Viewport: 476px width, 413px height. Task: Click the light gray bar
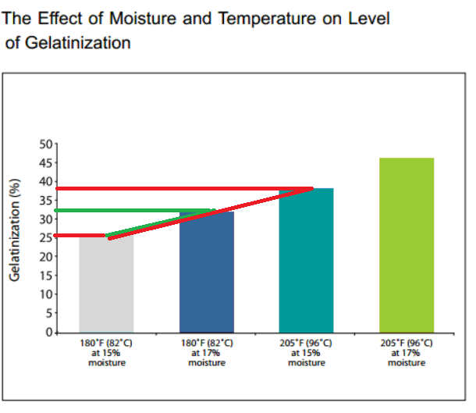point(106,285)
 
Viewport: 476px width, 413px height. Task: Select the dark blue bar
point(207,273)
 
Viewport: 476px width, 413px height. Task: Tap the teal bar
point(307,262)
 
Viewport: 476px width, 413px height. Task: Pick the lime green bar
point(407,246)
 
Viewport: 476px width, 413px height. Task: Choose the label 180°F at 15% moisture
point(106,352)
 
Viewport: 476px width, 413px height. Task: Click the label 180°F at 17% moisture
point(207,352)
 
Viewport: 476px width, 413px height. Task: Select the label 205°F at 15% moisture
point(307,352)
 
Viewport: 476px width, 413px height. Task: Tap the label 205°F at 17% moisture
point(407,352)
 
